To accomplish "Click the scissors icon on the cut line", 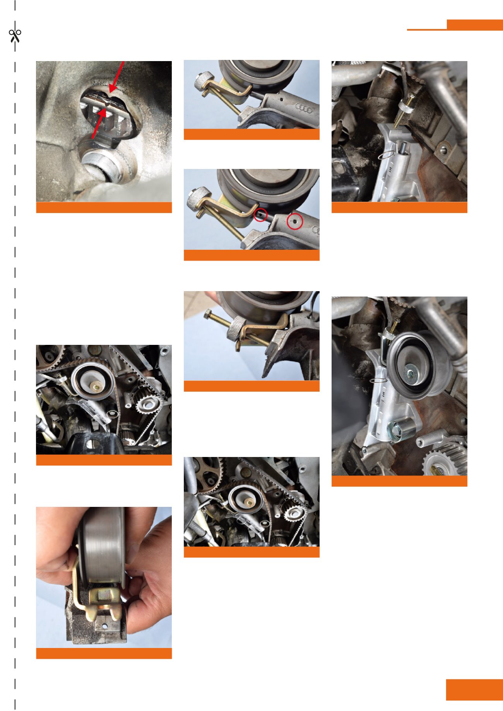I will pyautogui.click(x=15, y=36).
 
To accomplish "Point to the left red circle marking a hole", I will pyautogui.click(x=260, y=215).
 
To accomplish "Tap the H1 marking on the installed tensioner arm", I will pyautogui.click(x=383, y=394).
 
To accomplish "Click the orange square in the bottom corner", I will pyautogui.click(x=474, y=690).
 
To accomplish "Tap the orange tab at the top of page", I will pyautogui.click(x=474, y=25).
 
